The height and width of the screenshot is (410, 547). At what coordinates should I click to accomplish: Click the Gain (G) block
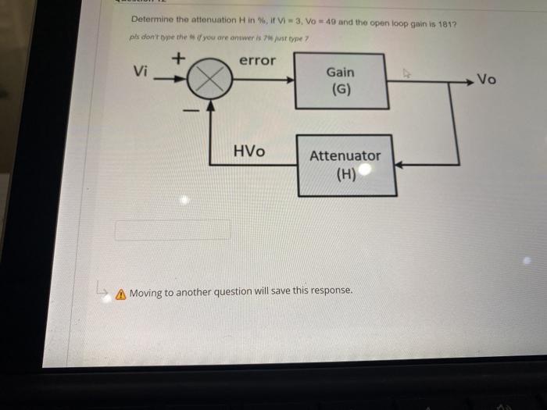340,80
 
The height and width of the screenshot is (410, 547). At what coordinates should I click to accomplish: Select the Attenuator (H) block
345,165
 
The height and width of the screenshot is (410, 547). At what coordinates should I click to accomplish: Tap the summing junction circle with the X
208,80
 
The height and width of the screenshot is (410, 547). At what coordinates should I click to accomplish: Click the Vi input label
141,71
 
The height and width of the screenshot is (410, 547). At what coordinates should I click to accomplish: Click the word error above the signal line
257,60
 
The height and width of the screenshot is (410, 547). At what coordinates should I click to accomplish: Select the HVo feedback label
249,151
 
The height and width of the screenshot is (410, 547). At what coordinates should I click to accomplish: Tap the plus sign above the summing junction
178,57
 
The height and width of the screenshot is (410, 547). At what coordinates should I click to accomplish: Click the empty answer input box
173,230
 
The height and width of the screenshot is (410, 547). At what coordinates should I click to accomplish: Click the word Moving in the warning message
146,292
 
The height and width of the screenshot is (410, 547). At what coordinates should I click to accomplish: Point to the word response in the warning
331,290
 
